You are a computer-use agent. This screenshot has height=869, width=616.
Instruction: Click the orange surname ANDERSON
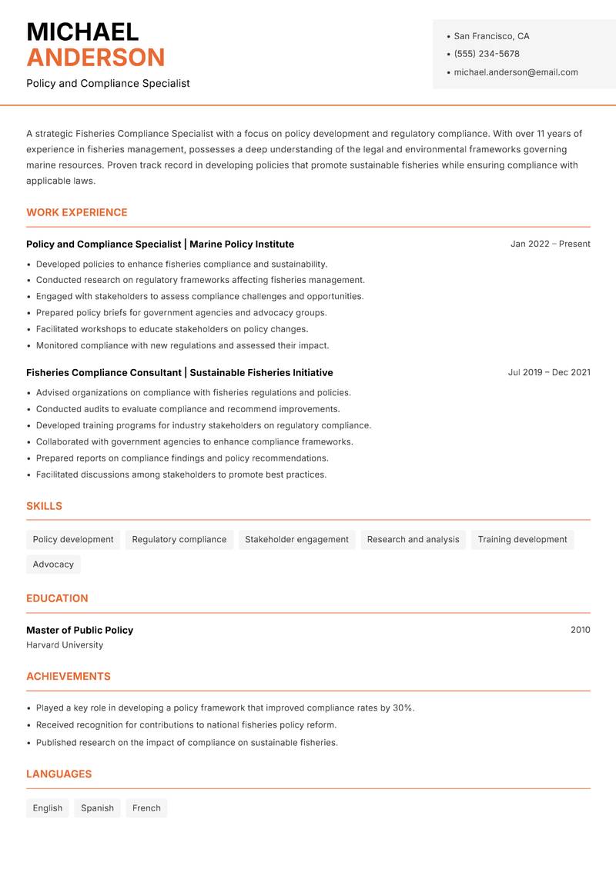tap(95, 58)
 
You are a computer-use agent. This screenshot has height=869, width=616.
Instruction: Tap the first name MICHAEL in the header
tap(82, 32)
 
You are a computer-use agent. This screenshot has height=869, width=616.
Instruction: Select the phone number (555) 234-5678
tap(487, 54)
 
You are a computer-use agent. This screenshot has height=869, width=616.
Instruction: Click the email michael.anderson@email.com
tap(516, 72)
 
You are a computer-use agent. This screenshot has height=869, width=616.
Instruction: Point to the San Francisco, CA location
tap(491, 36)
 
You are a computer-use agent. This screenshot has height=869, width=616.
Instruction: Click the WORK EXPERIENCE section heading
tap(77, 212)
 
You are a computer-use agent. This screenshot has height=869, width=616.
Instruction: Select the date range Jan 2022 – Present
tap(550, 244)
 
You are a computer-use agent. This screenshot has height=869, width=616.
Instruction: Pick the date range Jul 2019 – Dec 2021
tap(549, 372)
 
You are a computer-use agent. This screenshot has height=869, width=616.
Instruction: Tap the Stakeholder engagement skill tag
tap(296, 539)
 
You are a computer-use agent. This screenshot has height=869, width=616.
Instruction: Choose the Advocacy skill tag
tap(53, 564)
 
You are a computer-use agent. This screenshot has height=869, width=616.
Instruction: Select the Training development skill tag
tap(522, 539)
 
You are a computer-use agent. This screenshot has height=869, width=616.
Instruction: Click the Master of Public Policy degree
tap(79, 630)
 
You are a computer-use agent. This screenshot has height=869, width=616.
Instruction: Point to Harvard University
tap(65, 645)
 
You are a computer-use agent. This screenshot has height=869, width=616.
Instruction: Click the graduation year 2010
tap(580, 630)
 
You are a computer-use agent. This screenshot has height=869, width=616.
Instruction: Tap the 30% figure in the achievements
tap(403, 708)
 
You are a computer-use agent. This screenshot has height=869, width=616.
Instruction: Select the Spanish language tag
tap(97, 808)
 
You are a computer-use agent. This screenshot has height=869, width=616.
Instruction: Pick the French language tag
tap(146, 808)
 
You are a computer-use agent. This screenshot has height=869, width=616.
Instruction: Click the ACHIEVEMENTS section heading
tap(69, 677)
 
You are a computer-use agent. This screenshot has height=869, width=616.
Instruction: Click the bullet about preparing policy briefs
tap(181, 313)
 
